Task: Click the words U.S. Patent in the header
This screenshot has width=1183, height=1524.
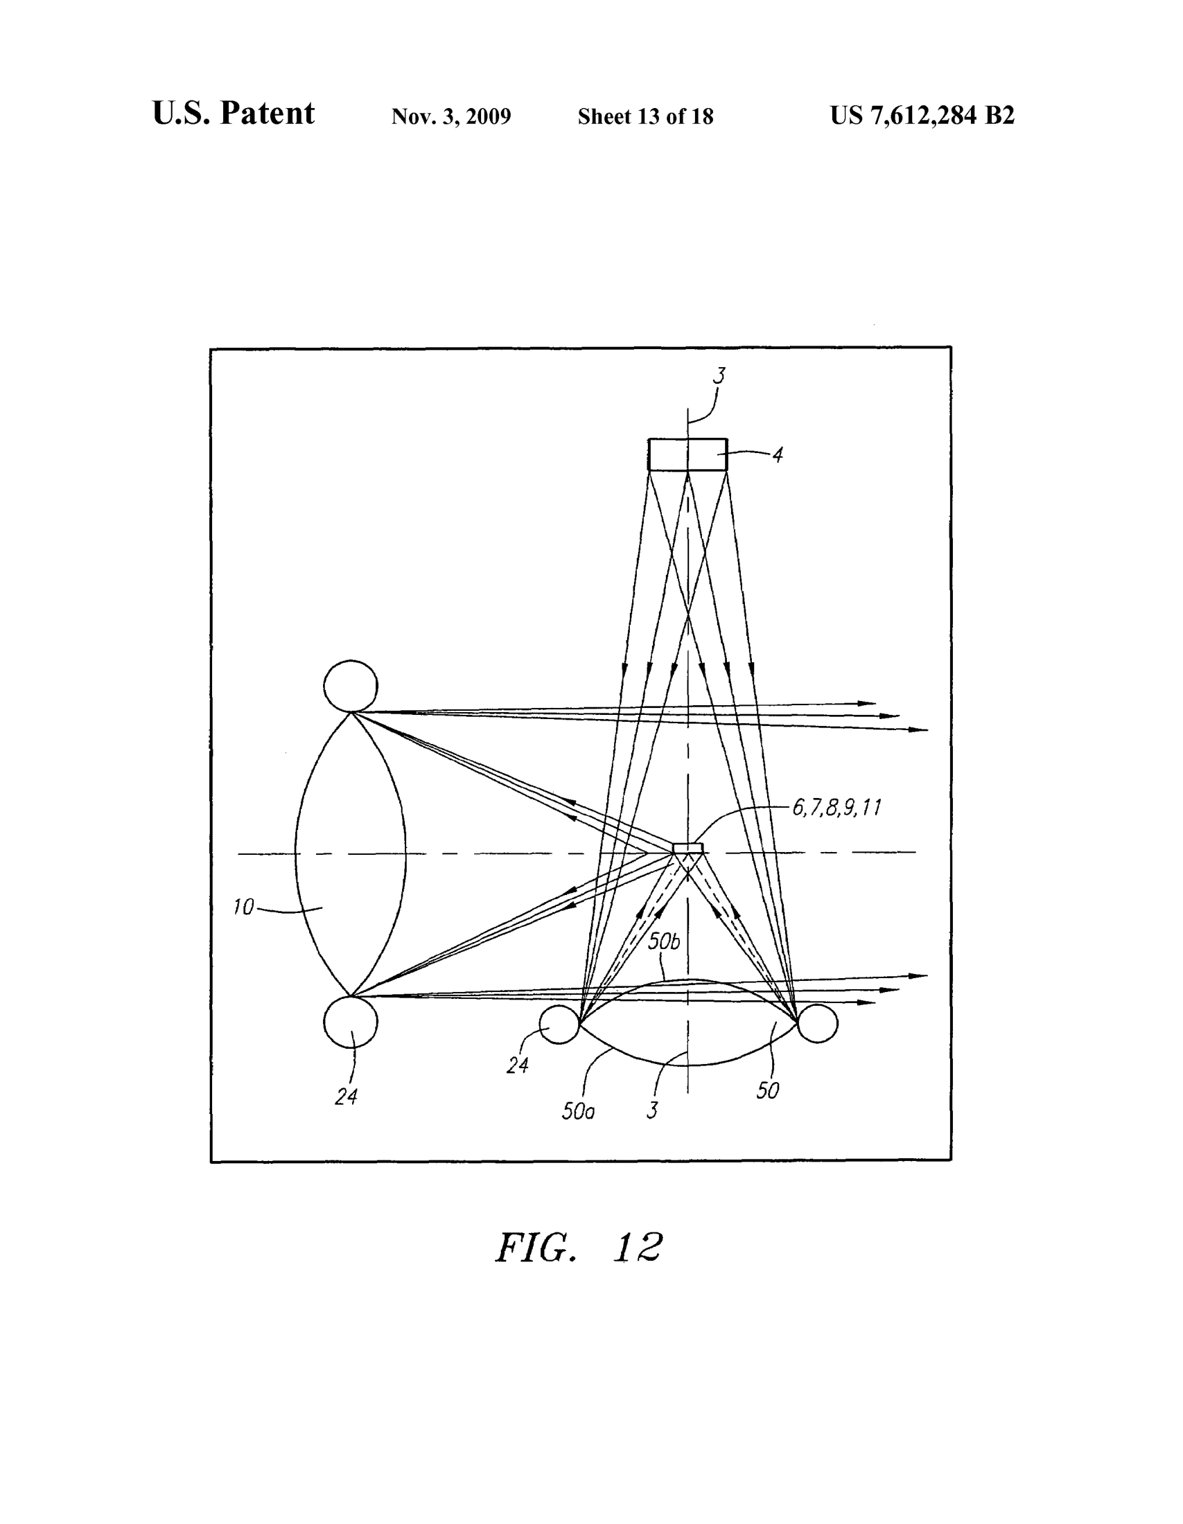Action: coord(233,113)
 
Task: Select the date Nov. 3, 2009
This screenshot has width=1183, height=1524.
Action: coord(451,116)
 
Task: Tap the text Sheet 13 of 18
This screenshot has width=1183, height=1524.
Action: coord(646,116)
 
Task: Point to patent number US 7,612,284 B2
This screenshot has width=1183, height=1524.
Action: coord(922,115)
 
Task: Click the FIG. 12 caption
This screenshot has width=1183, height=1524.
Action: coord(579,1247)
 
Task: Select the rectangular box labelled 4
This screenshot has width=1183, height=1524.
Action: coord(687,454)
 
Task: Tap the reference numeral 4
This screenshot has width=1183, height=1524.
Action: coord(778,455)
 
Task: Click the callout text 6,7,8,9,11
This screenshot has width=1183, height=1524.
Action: coord(836,807)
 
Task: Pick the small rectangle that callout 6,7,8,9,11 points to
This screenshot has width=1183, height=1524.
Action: coord(688,848)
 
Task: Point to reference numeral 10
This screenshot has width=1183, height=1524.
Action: coord(243,907)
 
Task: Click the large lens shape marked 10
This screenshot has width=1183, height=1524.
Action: coord(351,853)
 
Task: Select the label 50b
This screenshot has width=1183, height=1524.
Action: coord(663,941)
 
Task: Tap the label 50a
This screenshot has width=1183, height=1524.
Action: coord(578,1111)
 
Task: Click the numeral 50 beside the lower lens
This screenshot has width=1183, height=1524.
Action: coord(768,1090)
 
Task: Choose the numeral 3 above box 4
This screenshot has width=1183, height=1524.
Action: coord(719,375)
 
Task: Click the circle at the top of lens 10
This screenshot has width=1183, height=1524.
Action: coord(351,686)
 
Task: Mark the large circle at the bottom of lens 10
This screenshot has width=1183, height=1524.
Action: coord(351,1022)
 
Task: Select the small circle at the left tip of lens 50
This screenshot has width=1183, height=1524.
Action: coord(560,1025)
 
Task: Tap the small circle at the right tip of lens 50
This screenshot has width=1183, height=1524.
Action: coord(817,1024)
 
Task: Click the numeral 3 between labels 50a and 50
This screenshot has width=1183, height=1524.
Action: coord(653,1110)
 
